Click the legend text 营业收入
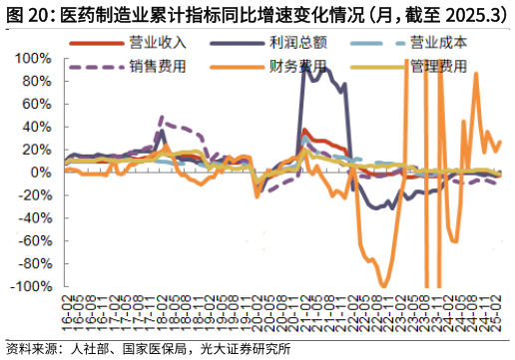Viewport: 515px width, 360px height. click(158, 44)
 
